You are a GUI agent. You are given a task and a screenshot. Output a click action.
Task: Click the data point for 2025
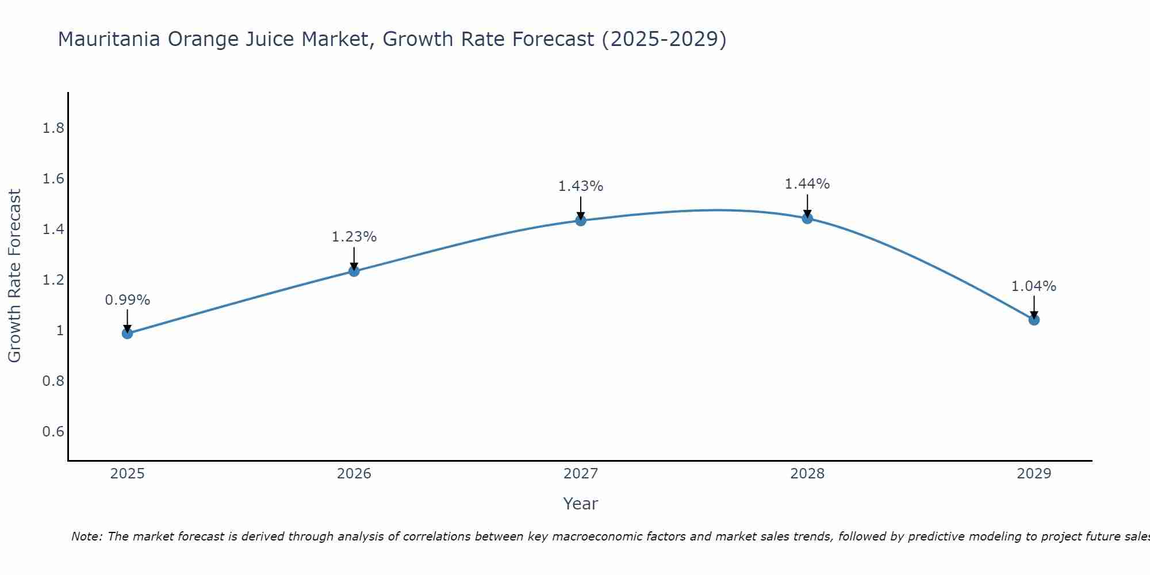point(127,333)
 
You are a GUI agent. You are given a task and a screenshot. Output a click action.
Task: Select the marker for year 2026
point(354,271)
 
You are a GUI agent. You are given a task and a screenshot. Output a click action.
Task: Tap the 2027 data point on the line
point(581,220)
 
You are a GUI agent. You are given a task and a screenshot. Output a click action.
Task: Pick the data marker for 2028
point(807,218)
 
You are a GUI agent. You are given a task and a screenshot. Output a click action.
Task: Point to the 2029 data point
point(1034,320)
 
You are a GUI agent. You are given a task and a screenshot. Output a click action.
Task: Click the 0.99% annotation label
point(127,300)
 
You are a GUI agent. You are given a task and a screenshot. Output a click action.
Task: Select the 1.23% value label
point(354,237)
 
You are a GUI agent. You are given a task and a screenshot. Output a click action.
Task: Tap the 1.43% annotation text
point(581,186)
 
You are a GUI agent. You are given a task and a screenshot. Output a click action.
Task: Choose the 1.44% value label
point(807,184)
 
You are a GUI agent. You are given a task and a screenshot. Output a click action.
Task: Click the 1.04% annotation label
point(1034,286)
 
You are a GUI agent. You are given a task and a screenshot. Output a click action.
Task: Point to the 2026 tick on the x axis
point(354,474)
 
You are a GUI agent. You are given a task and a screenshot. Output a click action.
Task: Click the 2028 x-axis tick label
point(807,474)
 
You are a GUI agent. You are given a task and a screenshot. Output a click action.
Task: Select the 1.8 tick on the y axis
point(53,128)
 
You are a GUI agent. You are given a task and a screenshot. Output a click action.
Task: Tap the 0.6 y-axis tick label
point(53,432)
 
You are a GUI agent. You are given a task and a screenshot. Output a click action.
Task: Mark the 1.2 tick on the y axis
point(53,280)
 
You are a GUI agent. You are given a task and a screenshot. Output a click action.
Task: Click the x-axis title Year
point(581,504)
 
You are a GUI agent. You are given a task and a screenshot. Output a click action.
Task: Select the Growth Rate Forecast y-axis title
point(14,276)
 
